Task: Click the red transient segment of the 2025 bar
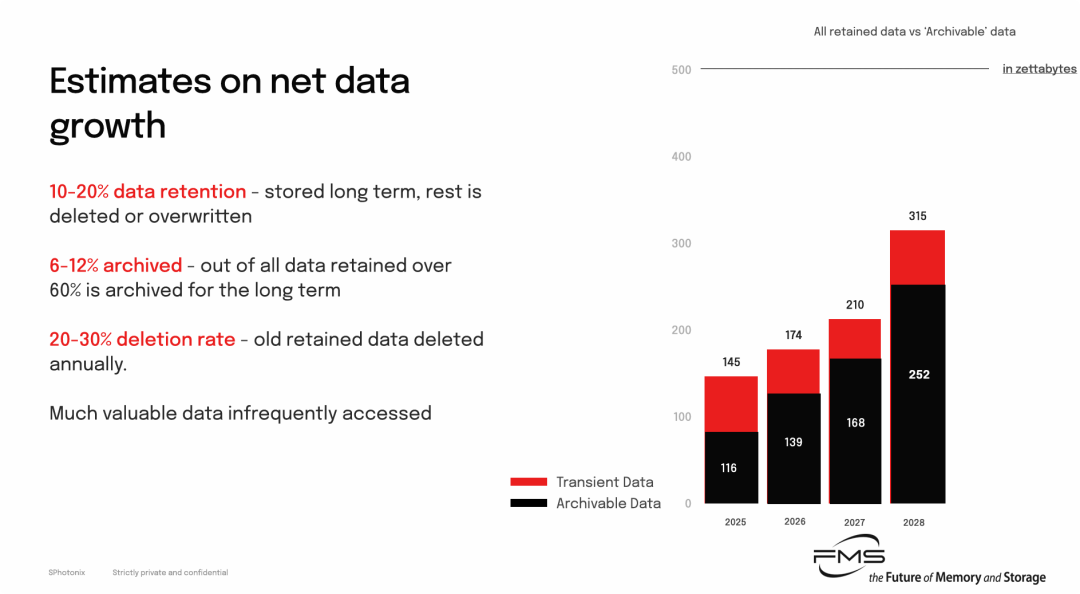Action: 731,404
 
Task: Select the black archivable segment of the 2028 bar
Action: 917,393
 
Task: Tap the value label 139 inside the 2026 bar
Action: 793,442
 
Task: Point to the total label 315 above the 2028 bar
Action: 917,216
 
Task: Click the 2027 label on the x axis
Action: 854,522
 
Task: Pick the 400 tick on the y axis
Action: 681,156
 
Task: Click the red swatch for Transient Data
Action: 528,482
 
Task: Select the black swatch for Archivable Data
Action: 528,503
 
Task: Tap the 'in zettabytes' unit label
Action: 1039,69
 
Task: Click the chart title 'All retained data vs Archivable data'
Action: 915,32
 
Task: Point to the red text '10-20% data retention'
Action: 147,192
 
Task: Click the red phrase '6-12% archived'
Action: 116,265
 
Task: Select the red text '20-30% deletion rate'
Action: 142,339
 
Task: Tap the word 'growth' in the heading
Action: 107,126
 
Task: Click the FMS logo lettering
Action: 849,555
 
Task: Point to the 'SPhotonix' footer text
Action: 67,573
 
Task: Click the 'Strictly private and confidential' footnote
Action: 170,573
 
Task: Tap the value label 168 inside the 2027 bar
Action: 855,423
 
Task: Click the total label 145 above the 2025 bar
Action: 731,362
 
